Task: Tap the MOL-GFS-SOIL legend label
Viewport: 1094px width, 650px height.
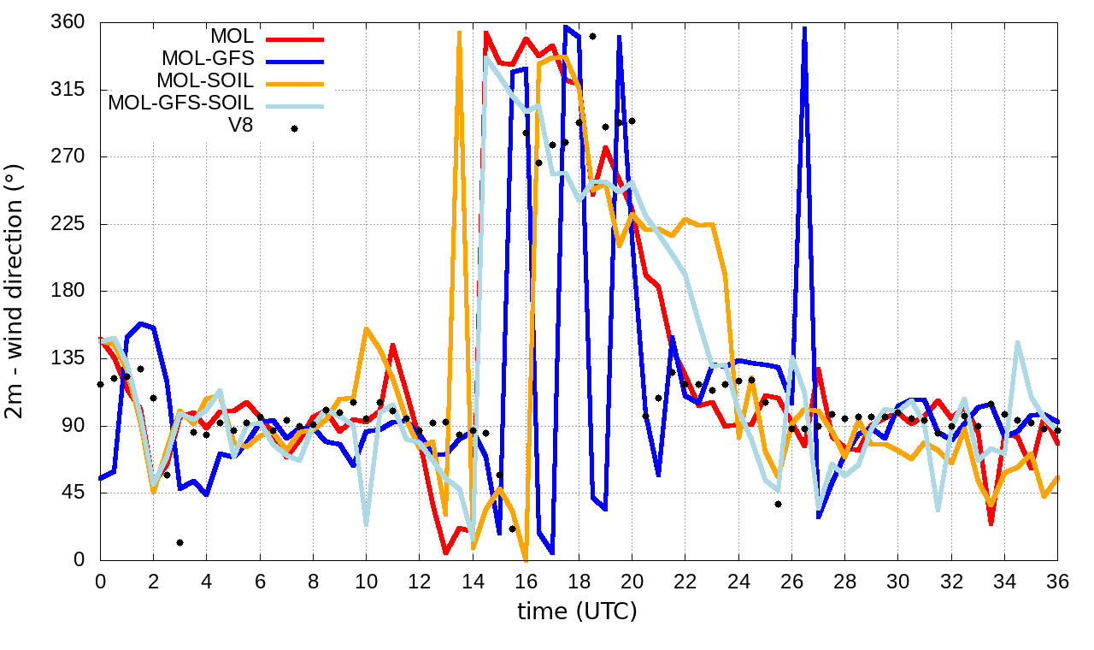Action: [x=180, y=103]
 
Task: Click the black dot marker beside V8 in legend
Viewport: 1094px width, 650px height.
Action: [x=294, y=128]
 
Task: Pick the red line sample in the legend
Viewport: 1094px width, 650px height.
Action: [x=294, y=38]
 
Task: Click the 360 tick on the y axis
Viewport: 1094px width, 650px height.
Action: [x=69, y=22]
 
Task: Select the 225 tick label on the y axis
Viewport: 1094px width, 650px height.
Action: [x=69, y=224]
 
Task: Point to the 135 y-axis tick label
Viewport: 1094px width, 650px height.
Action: [x=69, y=358]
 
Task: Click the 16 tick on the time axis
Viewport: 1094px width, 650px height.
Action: [x=526, y=579]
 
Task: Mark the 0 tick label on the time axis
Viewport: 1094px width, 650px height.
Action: [x=100, y=579]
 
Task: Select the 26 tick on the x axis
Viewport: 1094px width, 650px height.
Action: [x=791, y=579]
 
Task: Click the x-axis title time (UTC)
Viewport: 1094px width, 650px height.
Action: [x=577, y=612]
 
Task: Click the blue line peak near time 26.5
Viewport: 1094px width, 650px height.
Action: [x=804, y=29]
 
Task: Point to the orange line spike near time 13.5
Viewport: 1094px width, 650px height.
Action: [x=459, y=32]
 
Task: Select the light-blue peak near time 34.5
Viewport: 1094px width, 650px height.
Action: [x=1018, y=343]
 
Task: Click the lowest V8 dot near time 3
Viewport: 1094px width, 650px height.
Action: [x=179, y=542]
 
